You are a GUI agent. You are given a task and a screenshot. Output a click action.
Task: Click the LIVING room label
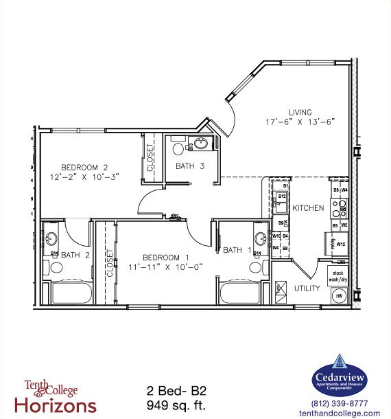coord(300,112)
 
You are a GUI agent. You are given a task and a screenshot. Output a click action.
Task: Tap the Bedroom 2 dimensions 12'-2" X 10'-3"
coord(90,177)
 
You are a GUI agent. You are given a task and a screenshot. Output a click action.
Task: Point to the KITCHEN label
coord(307,207)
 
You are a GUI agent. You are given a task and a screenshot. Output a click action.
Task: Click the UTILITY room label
coord(307,288)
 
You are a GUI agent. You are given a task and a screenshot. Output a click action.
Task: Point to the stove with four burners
coord(341,207)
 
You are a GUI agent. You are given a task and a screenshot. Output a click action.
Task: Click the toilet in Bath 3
coord(178,147)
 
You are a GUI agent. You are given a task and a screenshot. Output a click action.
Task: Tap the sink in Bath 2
coord(53,240)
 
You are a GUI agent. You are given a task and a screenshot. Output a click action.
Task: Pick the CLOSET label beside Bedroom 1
coord(109,262)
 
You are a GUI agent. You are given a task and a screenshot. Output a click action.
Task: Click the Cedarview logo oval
coord(340,377)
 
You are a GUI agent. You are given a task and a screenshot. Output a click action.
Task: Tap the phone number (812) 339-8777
coord(340,403)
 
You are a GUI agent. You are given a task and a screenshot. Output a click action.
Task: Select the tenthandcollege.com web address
coord(340,413)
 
